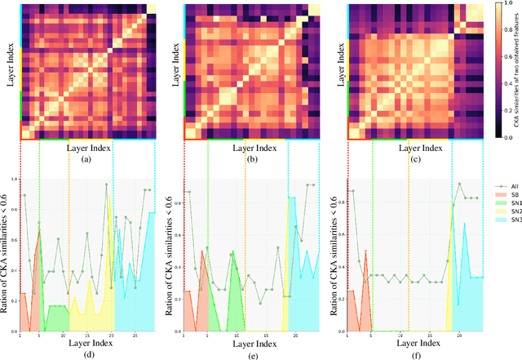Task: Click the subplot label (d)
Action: click(x=87, y=355)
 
